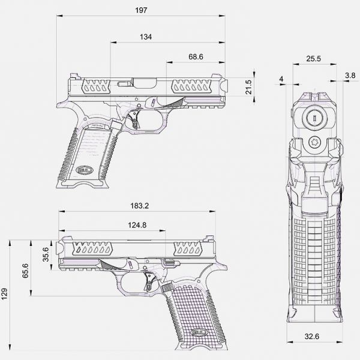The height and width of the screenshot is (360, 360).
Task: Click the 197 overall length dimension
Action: (x=141, y=10)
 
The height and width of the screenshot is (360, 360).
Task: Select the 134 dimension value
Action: (x=146, y=37)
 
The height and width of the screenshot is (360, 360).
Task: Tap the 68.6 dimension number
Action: (x=196, y=57)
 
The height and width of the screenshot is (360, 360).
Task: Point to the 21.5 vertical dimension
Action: (x=248, y=87)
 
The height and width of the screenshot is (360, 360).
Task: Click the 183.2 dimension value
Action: (x=140, y=206)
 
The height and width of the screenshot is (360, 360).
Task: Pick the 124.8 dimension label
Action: (x=137, y=225)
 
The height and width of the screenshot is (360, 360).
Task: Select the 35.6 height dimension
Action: (x=46, y=254)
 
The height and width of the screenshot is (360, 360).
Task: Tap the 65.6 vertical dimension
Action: (x=25, y=271)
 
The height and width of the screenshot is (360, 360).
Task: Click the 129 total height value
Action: (x=4, y=294)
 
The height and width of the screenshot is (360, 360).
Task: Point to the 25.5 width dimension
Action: (x=313, y=59)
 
